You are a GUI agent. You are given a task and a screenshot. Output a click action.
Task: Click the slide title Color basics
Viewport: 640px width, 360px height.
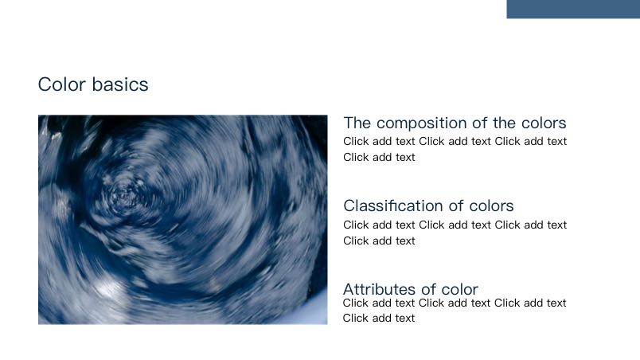coord(93,84)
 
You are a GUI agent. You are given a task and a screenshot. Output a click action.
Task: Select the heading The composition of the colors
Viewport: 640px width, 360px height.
coord(455,123)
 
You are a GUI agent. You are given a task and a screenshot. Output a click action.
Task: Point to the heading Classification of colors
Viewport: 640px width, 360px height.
coord(428,205)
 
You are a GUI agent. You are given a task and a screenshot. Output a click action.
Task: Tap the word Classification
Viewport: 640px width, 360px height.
coord(388,205)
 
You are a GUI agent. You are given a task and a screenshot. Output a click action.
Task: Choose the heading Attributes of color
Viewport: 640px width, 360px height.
coord(410,289)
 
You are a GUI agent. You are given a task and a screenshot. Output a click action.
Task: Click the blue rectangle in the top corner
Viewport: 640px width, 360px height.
coord(573,9)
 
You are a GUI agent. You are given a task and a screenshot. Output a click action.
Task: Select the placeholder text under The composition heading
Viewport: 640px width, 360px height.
coord(455,149)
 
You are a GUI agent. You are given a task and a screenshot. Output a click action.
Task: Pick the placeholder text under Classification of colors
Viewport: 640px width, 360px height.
coord(455,233)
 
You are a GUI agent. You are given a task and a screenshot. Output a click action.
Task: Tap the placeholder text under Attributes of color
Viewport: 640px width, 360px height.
coord(455,310)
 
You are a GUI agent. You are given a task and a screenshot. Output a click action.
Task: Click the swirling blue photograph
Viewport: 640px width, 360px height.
coord(182,219)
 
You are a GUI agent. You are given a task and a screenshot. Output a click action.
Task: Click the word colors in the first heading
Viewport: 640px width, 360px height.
coord(543,123)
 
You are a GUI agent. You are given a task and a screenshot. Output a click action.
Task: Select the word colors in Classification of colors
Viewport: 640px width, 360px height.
coord(491,205)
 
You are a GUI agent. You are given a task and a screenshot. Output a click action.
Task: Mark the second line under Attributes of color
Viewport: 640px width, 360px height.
coord(379,318)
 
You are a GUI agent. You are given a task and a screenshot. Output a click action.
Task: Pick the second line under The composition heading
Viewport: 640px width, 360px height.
coord(379,157)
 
